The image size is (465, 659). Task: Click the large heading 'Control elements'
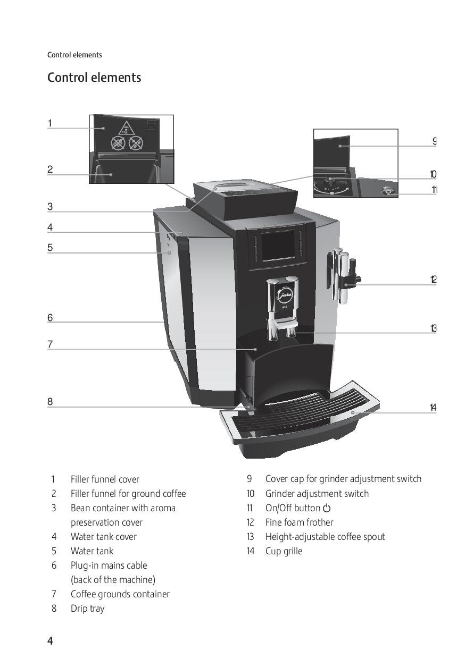tap(94, 78)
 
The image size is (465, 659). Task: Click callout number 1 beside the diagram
tap(50, 123)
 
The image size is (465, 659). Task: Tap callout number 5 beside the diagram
tap(50, 248)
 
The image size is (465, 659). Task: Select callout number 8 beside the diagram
tap(50, 402)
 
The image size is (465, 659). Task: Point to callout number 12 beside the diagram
tap(434, 279)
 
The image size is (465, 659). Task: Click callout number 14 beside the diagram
tap(433, 408)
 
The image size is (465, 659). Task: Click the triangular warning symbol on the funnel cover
tap(126, 129)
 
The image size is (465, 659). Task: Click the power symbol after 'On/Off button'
tap(327, 508)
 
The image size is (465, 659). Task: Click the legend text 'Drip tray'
tap(87, 609)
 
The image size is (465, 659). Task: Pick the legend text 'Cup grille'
tap(284, 551)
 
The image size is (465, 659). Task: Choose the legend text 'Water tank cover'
tap(104, 537)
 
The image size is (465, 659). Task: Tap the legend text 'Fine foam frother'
tap(299, 522)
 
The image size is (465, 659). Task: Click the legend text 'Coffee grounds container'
tap(120, 594)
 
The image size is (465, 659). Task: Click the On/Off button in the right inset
tap(387, 191)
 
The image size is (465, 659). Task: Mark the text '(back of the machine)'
tap(113, 580)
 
